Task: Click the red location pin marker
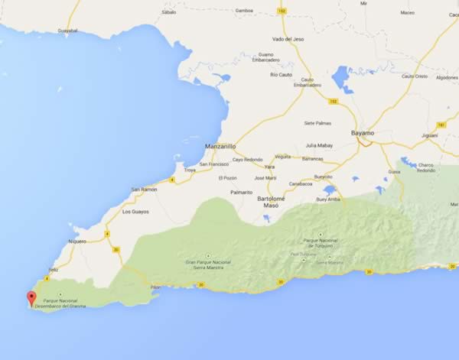click(31, 298)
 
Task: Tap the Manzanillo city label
click(221, 145)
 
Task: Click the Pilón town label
click(155, 287)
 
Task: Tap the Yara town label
click(269, 166)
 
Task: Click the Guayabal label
click(68, 31)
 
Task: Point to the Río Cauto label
click(281, 74)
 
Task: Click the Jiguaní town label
click(430, 135)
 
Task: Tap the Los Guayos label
click(135, 211)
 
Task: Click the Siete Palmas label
click(317, 122)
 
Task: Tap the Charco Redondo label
click(426, 167)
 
